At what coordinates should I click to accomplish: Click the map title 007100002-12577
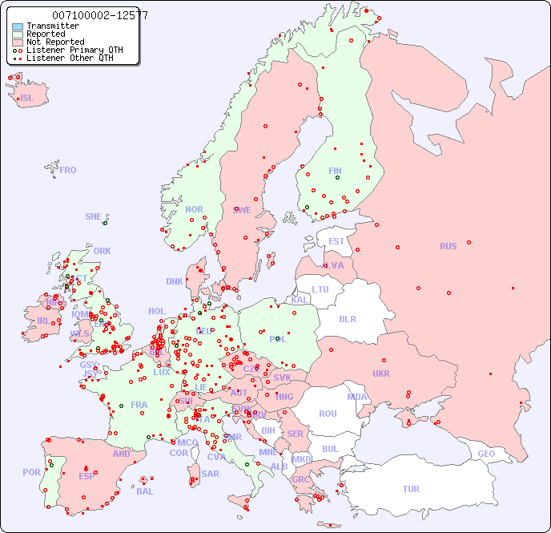click(99, 15)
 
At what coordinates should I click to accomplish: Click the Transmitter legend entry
click(52, 26)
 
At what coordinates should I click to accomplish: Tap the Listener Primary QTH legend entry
click(74, 50)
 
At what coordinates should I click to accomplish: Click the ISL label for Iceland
click(27, 99)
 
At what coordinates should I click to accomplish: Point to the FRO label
click(68, 170)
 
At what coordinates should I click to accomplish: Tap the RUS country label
click(448, 246)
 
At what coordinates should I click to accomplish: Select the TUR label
click(411, 489)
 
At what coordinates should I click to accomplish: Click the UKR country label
click(381, 374)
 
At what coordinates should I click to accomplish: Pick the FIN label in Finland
click(335, 171)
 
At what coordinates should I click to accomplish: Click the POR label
click(31, 472)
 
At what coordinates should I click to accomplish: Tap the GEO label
click(486, 454)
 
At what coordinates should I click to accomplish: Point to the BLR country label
click(347, 318)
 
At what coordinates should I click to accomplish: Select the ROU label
click(328, 414)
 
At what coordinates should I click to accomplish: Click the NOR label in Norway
click(194, 209)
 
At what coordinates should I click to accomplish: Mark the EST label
click(336, 241)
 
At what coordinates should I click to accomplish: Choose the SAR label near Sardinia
click(211, 474)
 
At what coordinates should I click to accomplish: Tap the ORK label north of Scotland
click(102, 251)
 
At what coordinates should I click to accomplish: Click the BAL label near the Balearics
click(144, 491)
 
